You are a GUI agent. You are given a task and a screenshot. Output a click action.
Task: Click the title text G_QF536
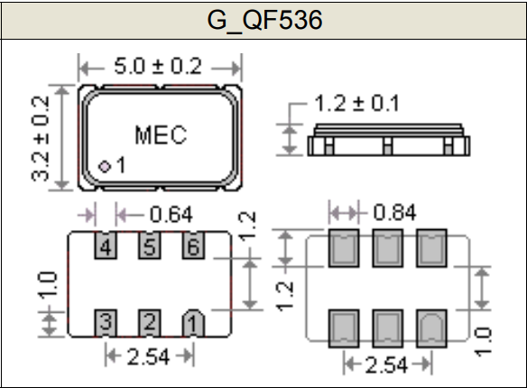coord(264,20)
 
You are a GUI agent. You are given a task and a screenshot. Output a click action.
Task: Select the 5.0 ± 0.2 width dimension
coord(158,66)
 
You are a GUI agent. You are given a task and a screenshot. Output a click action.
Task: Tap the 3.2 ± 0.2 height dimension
coord(41,138)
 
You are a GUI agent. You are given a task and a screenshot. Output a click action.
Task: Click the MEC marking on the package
coord(161,135)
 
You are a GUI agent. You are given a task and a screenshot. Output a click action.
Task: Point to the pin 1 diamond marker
coord(105,166)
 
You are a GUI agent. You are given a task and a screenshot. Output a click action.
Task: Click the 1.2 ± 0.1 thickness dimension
coord(356,103)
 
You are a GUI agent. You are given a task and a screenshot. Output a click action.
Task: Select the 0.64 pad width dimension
coord(171,215)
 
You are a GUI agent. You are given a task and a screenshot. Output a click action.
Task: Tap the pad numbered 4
coord(106,245)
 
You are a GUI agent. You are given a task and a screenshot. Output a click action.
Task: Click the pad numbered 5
coord(149,245)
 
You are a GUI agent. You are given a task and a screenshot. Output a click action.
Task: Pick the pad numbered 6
coord(193,245)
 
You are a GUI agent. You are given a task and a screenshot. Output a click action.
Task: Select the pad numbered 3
coord(106,323)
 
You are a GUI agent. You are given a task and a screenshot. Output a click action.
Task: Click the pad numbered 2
coord(149,323)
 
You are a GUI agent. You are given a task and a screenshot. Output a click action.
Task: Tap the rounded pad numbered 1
coord(193,323)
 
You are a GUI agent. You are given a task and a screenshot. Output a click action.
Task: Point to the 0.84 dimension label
coord(394,212)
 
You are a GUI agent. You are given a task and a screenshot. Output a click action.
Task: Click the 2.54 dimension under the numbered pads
coord(148,356)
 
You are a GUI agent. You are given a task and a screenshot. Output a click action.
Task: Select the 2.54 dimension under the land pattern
coord(386,365)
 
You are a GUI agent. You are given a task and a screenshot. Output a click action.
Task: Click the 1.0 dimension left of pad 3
coord(48,285)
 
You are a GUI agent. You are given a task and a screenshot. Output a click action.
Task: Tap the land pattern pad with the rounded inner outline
coord(431,328)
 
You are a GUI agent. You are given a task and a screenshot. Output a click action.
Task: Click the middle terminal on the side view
coord(387,146)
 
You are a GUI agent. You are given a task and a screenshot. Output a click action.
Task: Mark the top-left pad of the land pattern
coord(344,248)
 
